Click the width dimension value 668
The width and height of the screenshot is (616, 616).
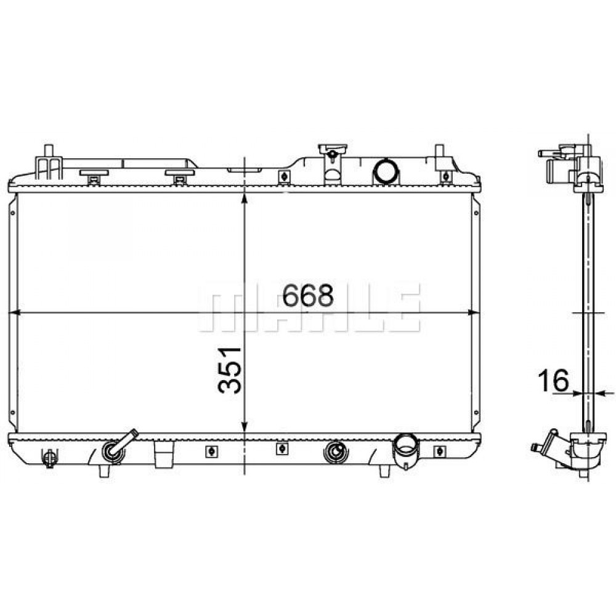coord(308,295)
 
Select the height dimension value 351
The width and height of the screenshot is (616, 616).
coord(229,370)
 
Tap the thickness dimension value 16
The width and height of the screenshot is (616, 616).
coord(554,380)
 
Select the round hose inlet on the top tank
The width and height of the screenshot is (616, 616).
coord(386,171)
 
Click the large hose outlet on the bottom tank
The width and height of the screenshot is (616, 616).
coord(406,450)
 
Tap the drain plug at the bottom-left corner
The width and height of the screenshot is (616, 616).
coord(49,458)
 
